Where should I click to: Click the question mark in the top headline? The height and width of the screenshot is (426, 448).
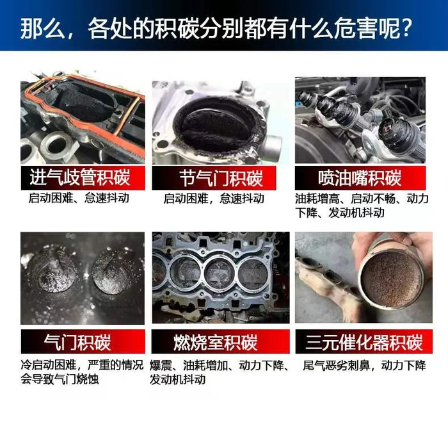[406, 28]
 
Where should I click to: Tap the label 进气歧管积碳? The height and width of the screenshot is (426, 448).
[80, 177]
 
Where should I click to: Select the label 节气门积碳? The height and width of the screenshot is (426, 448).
[221, 178]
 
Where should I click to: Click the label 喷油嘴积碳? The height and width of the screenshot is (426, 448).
[360, 178]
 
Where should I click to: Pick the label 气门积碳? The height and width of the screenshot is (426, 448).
[77, 342]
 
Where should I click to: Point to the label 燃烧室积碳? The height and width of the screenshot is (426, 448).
[216, 342]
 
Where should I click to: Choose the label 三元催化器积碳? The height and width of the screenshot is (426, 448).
[364, 342]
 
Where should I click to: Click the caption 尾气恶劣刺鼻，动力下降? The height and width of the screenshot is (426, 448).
[364, 366]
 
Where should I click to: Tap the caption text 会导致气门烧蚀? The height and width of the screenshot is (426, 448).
[60, 379]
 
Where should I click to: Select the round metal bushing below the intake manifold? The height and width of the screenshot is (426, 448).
[57, 146]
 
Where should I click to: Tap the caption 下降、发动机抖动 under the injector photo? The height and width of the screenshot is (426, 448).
[340, 213]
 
